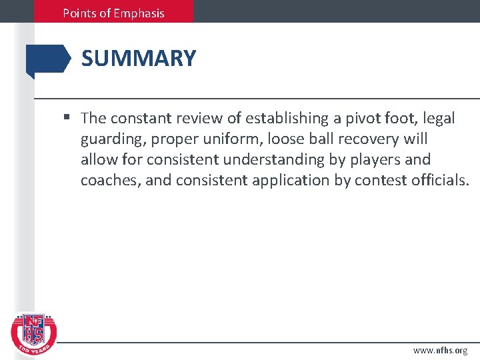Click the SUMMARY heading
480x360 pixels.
tap(139, 59)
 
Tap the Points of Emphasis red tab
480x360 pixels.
tap(113, 12)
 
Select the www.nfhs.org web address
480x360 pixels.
tap(440, 350)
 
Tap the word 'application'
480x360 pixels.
tap(299, 181)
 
